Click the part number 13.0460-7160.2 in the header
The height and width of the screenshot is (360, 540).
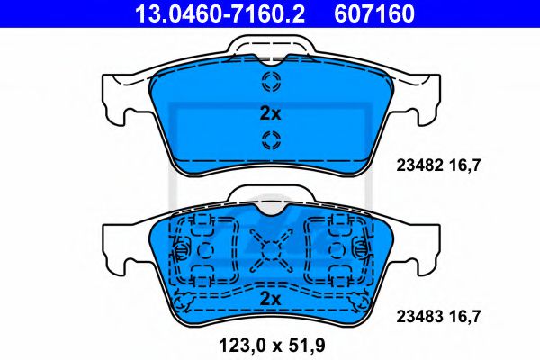[x=220, y=13]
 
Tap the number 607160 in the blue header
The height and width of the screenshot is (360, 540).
[x=374, y=13]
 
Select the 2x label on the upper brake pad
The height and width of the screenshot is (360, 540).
[x=270, y=113]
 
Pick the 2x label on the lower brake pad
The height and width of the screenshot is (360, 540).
[x=270, y=299]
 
